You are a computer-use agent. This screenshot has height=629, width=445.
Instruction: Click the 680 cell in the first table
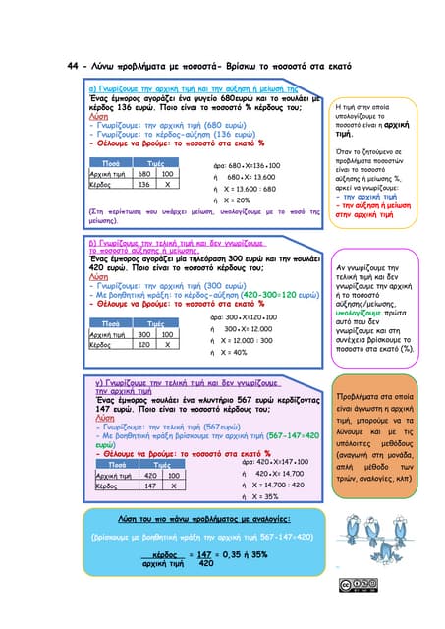[x=144, y=173]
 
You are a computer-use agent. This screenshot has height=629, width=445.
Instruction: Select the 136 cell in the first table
[x=144, y=184]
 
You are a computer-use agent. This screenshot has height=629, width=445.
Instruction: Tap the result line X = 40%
[x=233, y=352]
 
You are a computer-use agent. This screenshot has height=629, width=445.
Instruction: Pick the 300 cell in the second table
[x=144, y=334]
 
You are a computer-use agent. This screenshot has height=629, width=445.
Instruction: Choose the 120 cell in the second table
[x=144, y=345]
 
